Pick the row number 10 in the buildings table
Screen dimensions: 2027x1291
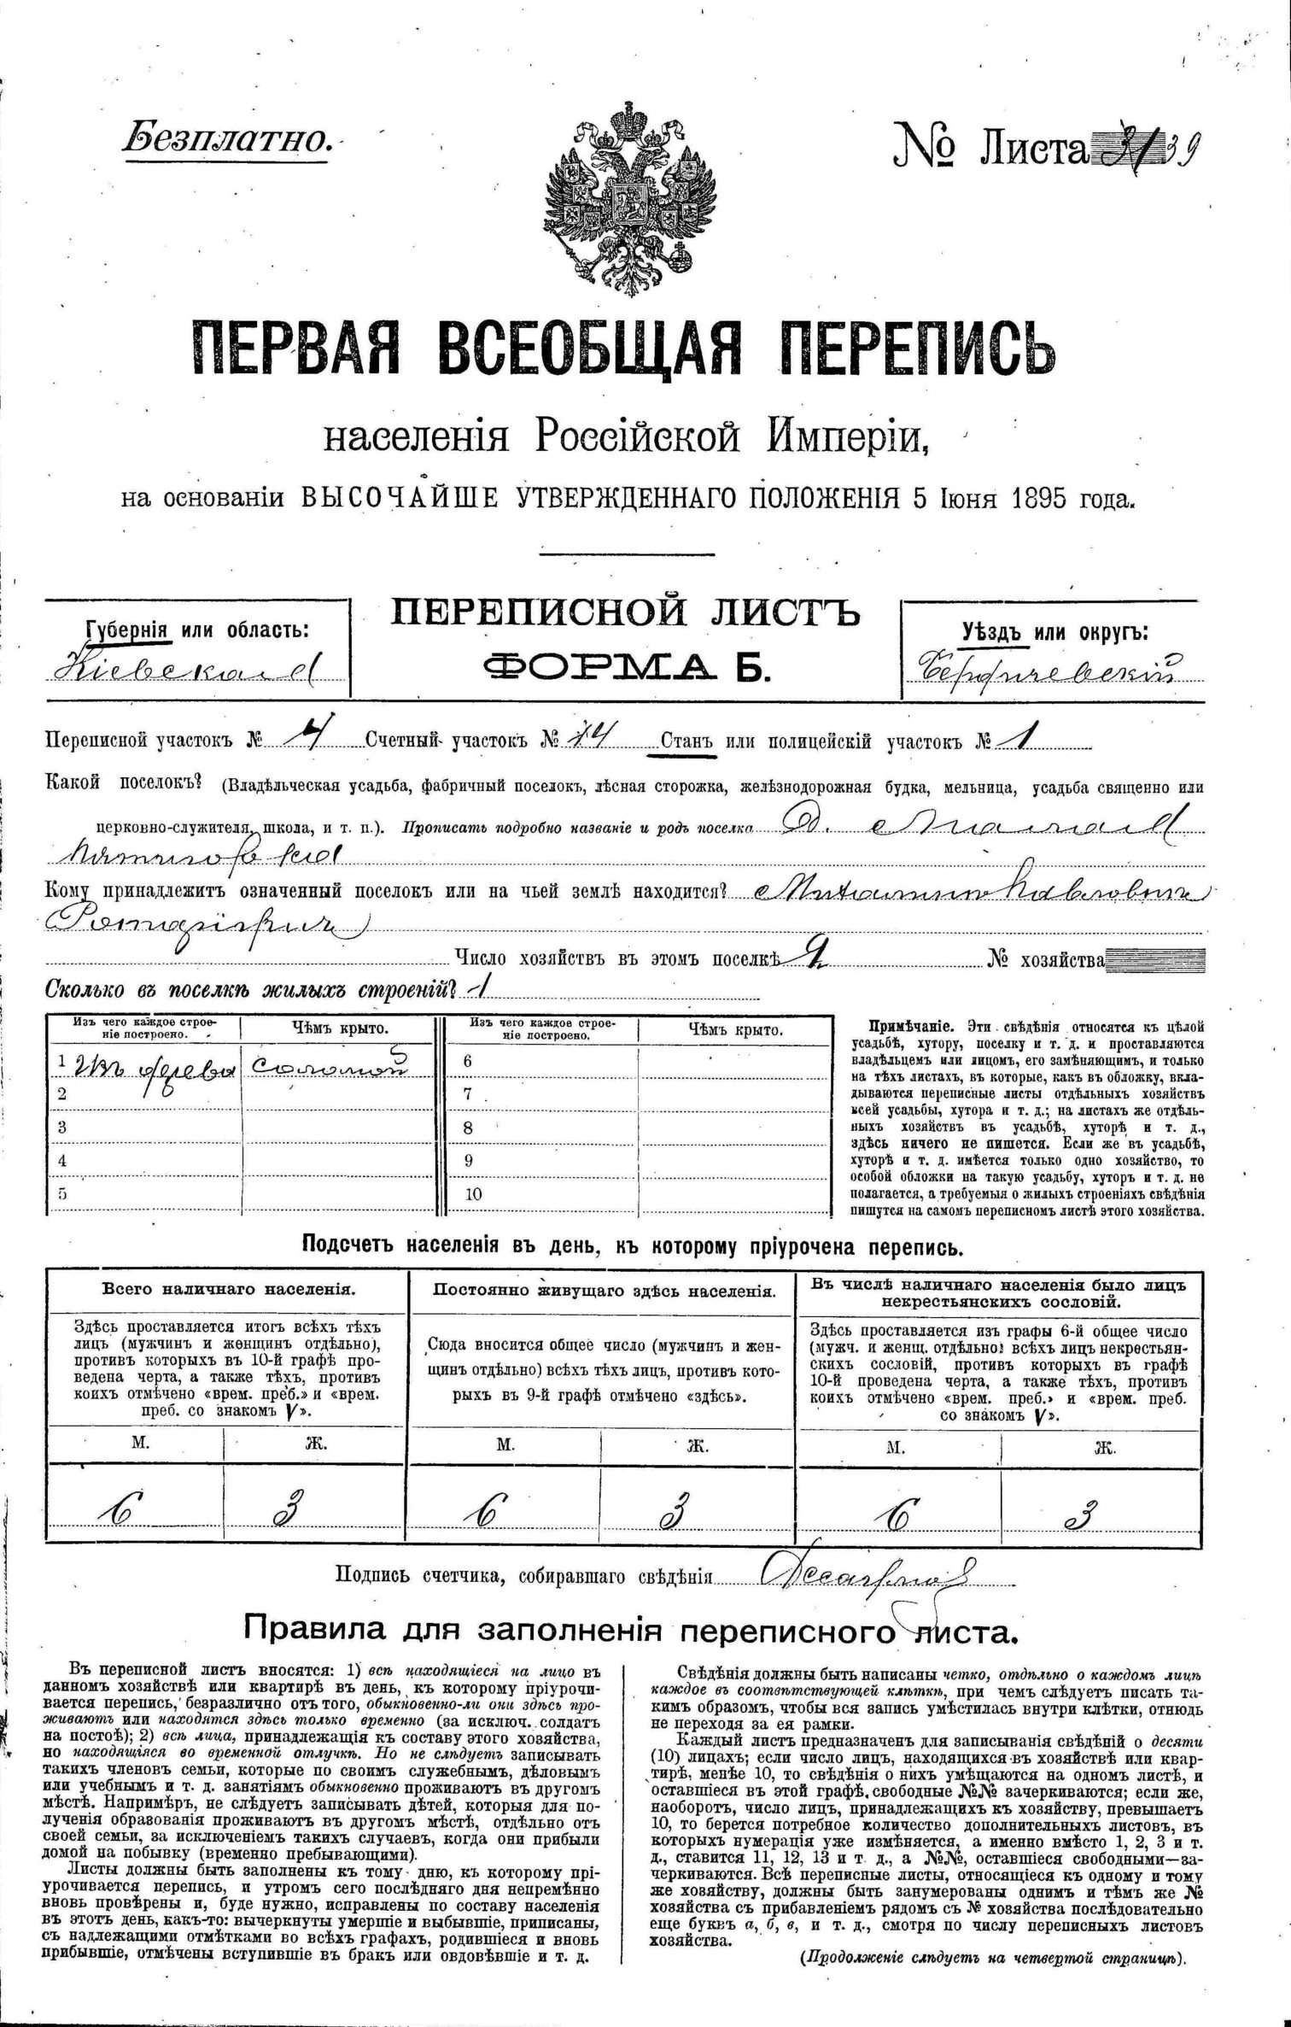[474, 1194]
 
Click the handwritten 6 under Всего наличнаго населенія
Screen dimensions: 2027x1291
[120, 1511]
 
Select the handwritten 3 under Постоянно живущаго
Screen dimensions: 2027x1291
[675, 1511]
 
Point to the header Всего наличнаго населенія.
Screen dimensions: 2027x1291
[229, 1289]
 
